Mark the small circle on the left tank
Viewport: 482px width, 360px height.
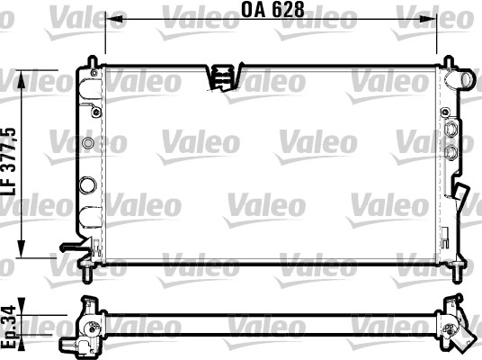[x=87, y=144]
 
